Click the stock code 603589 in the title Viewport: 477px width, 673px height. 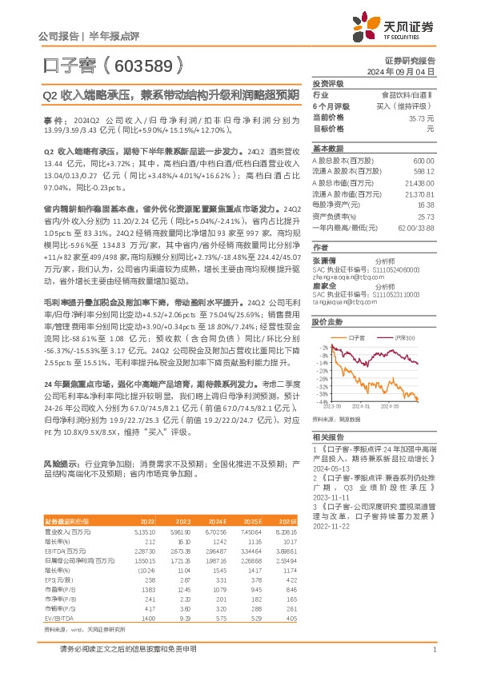142,64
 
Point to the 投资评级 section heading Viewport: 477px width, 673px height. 327,83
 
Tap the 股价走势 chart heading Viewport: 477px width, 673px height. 327,321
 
